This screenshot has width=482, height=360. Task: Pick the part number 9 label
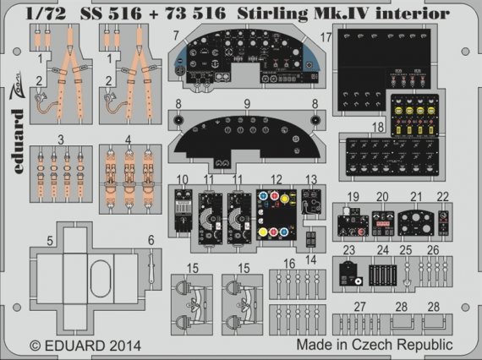click(x=248, y=105)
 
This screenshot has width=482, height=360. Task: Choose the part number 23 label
click(x=348, y=250)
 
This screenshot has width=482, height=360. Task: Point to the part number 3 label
click(x=61, y=138)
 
